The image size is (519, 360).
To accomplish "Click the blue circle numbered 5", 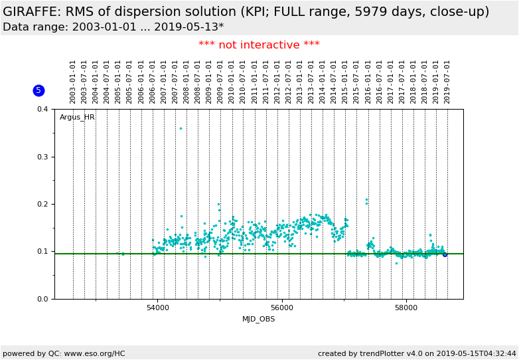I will (x=38, y=90).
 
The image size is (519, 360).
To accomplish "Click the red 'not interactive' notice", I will (x=259, y=45).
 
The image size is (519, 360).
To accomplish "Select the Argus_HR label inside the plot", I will (x=77, y=118).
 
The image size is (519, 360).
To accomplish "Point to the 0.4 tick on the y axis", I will (x=42, y=109).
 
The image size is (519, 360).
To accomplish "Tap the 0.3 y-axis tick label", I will (x=42, y=157).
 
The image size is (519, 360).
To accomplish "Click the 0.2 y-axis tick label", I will (x=42, y=204).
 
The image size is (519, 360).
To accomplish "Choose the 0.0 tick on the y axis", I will (x=42, y=299).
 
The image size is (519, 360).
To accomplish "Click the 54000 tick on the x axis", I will (x=158, y=308).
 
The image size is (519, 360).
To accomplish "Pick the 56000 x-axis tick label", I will (x=282, y=308).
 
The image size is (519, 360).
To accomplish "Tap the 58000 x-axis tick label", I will (x=406, y=308).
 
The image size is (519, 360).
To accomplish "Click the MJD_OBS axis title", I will (x=258, y=319).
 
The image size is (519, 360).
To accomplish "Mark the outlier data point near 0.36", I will (x=181, y=128).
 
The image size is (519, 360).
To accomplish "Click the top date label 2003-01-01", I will (x=73, y=82).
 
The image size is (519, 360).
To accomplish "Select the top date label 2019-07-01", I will (x=447, y=82).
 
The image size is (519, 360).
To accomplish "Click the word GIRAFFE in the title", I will (x=33, y=12).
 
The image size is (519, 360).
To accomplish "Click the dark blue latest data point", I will (x=445, y=254).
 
